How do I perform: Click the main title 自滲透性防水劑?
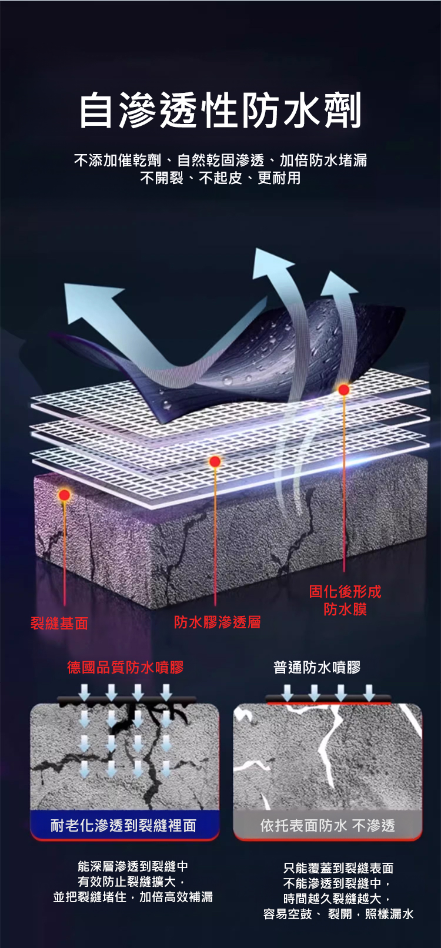click(220, 110)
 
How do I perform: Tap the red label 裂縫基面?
click(59, 623)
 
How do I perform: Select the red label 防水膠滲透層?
click(218, 622)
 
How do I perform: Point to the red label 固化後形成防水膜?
click(345, 600)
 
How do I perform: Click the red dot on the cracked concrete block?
click(64, 495)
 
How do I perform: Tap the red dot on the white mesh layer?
click(215, 461)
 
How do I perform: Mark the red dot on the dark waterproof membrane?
click(343, 389)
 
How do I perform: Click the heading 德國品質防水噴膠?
click(125, 668)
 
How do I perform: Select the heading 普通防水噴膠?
click(317, 668)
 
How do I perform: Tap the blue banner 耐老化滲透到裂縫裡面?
click(125, 825)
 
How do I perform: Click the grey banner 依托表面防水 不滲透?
click(328, 825)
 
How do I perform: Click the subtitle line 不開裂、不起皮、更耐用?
click(220, 177)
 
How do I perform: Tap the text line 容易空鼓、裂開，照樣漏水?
click(338, 914)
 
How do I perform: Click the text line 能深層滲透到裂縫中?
click(133, 866)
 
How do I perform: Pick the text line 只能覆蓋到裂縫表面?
click(338, 868)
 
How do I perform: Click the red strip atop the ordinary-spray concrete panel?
click(329, 704)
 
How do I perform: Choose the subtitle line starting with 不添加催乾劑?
click(220, 160)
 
